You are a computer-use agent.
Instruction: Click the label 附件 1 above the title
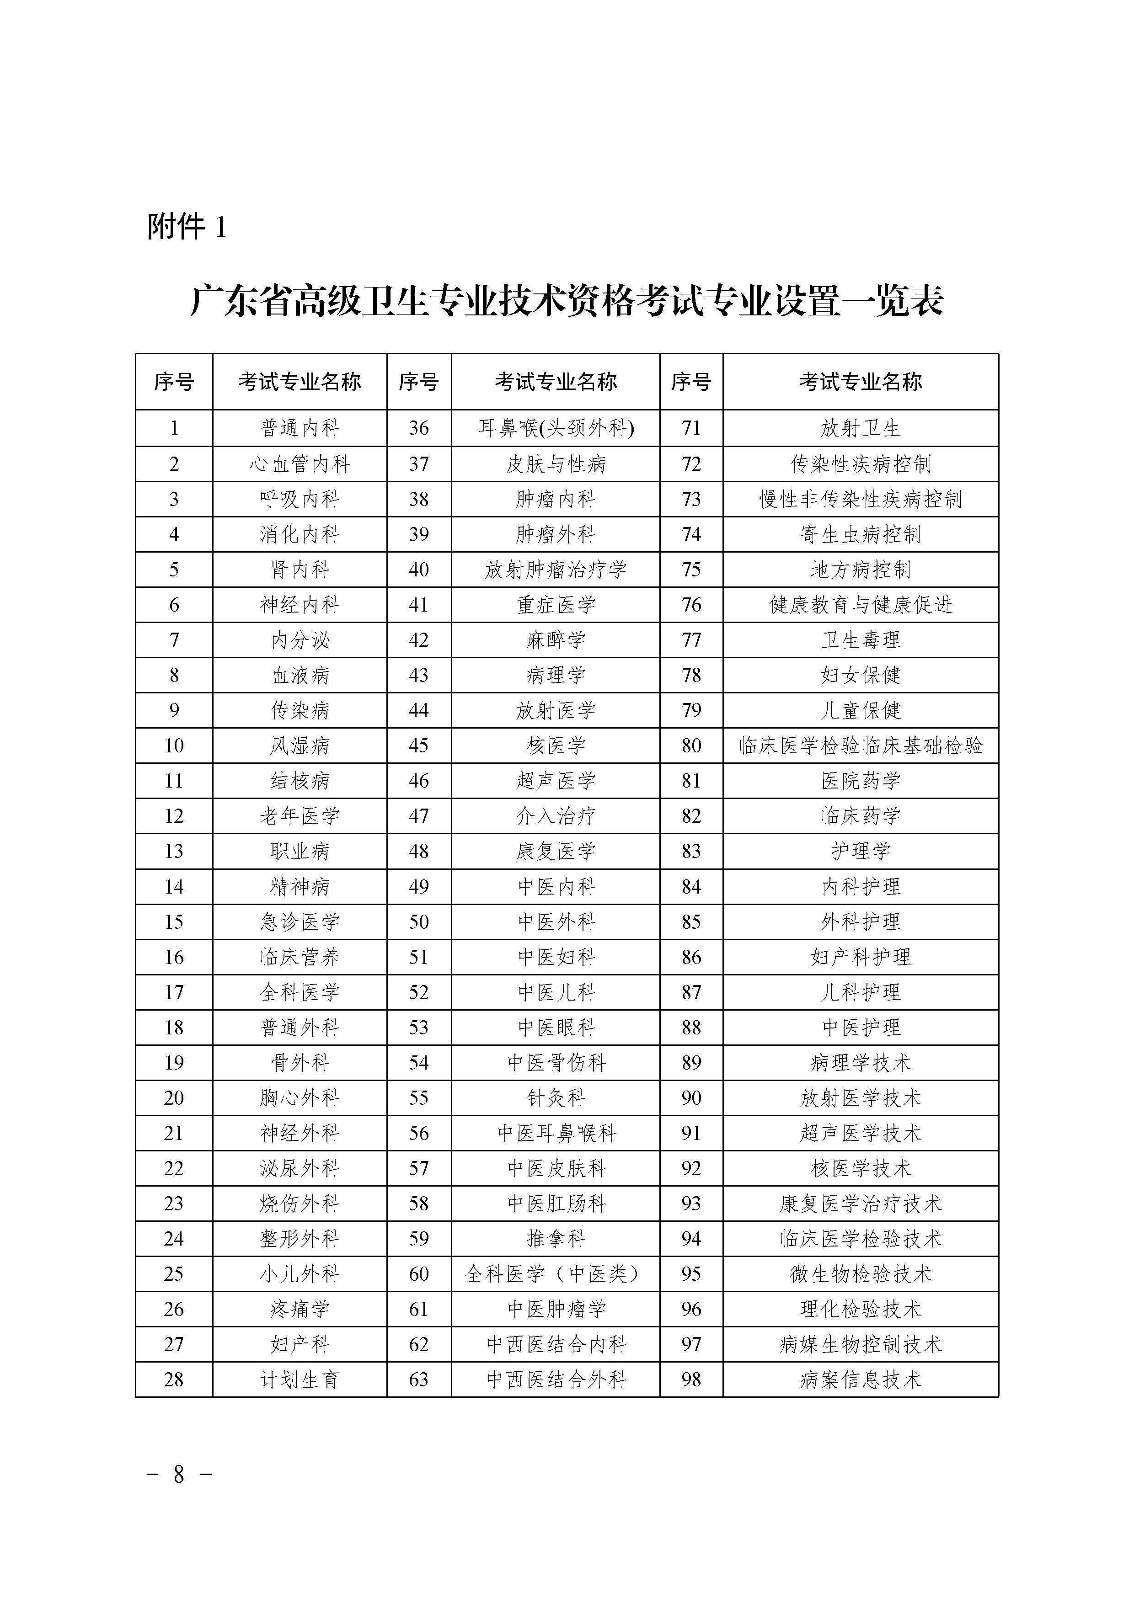click(187, 227)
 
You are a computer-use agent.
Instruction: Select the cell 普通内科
click(300, 428)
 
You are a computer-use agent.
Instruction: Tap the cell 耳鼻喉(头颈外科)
click(556, 428)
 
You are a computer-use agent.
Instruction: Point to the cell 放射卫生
click(860, 428)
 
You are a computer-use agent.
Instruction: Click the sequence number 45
click(418, 746)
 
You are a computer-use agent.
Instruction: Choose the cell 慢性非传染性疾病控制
click(860, 499)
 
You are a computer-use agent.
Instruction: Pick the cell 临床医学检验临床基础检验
click(860, 746)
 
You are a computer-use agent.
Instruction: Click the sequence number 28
click(174, 1379)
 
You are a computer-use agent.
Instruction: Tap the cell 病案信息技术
click(860, 1379)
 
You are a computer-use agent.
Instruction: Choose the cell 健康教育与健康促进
click(860, 605)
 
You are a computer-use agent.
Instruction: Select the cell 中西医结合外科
click(556, 1379)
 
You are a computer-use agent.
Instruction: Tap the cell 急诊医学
click(300, 921)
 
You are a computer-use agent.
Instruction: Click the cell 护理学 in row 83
click(860, 851)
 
